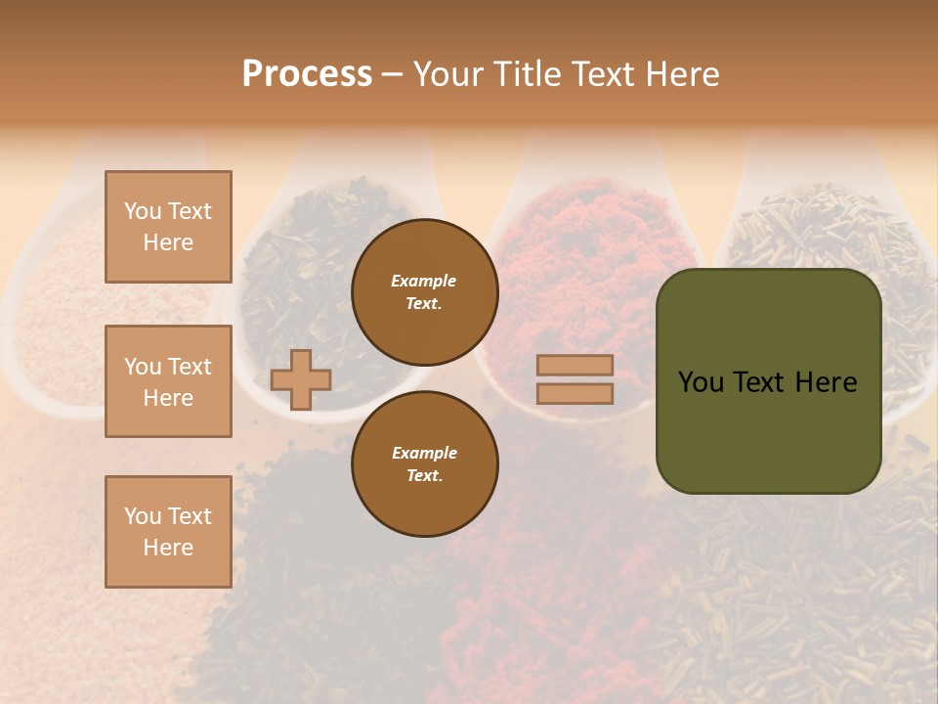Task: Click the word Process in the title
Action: coord(307,74)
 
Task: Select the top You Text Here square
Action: coord(168,227)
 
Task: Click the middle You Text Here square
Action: coord(168,381)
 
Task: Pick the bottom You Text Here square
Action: coord(168,532)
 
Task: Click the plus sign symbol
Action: coord(300,379)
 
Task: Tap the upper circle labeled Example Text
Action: coord(425,291)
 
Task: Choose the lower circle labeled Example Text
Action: coord(425,464)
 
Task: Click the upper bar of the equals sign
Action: coord(575,366)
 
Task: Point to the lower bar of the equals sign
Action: coord(575,393)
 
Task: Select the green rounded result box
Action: coord(768,430)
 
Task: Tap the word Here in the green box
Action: coord(826,382)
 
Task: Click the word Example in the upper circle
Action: coord(424,281)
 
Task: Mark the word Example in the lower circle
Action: coord(424,453)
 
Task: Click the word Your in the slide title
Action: coord(448,74)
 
